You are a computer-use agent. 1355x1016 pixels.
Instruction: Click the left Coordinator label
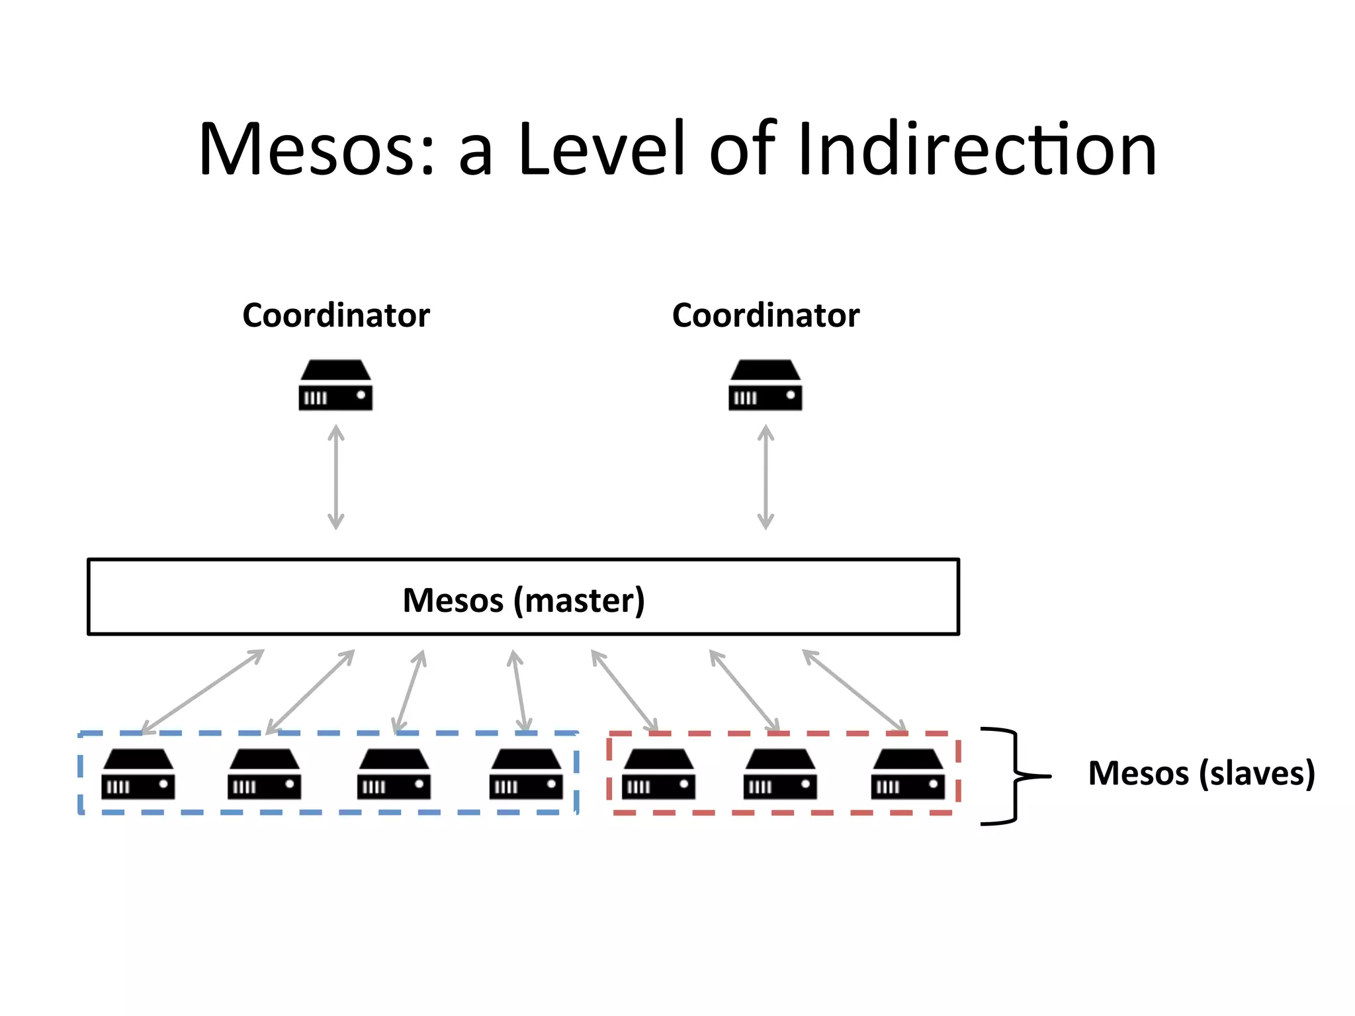[x=335, y=315]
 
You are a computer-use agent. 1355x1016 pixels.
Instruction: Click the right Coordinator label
[x=765, y=315]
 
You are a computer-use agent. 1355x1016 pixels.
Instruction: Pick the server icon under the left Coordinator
[x=335, y=386]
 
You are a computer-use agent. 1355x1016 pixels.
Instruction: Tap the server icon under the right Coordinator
[x=765, y=386]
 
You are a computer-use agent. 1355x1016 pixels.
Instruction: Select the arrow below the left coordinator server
[x=336, y=477]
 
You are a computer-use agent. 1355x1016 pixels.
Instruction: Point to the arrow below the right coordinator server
[x=765, y=477]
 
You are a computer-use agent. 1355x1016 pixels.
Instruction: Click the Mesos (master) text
[x=523, y=600]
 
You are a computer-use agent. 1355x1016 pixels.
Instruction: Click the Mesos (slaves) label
[x=1201, y=773]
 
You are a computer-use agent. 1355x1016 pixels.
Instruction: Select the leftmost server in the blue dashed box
[x=138, y=775]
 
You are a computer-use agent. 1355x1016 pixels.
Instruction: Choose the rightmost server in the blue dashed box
[x=526, y=775]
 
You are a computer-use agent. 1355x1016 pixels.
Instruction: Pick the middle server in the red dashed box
[x=780, y=775]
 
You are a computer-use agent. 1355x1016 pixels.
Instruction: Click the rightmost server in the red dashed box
[x=908, y=775]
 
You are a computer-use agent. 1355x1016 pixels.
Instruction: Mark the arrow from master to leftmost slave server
[x=202, y=692]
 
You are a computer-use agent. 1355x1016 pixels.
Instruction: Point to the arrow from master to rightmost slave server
[x=854, y=691]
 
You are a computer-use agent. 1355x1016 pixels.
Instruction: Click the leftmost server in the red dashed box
[x=658, y=775]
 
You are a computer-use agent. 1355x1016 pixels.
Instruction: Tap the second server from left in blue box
[x=264, y=775]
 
